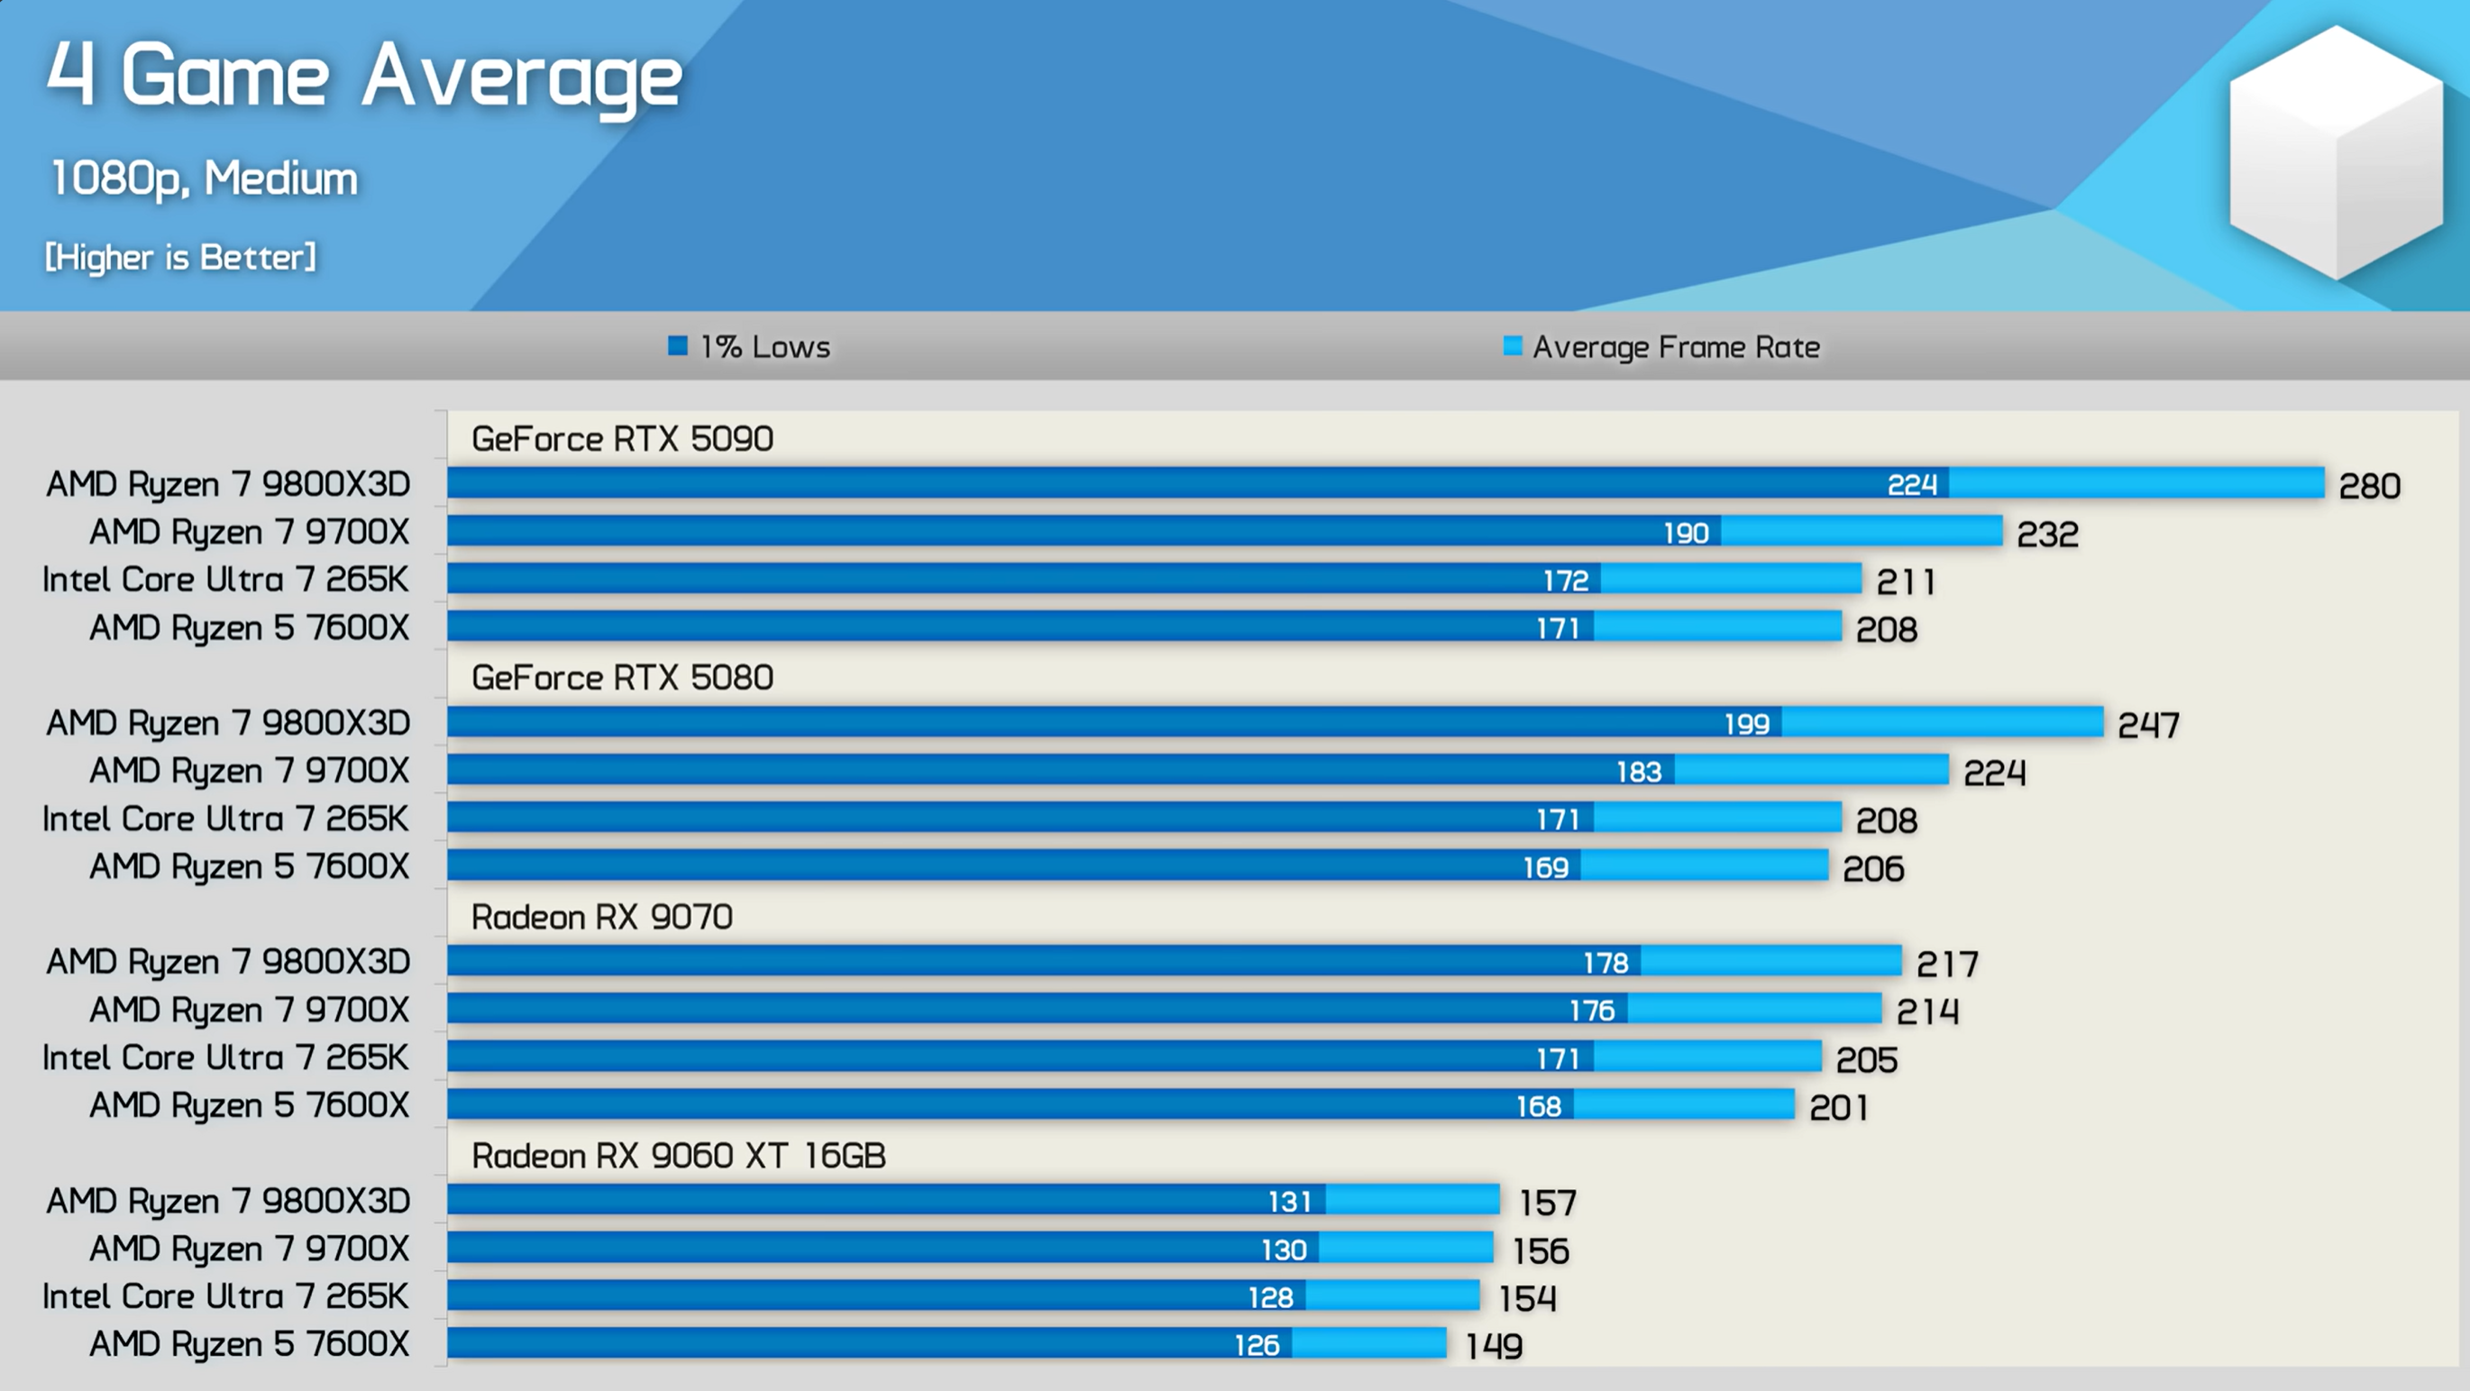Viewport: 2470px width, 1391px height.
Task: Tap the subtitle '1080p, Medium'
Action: tap(203, 178)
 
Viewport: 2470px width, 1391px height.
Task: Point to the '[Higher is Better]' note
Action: tap(179, 257)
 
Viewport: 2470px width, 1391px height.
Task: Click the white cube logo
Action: tap(2336, 153)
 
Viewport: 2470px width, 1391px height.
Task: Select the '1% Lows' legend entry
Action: tap(751, 347)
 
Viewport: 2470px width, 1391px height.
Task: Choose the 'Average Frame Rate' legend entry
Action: tap(1662, 347)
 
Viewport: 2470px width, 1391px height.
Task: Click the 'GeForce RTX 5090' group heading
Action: tap(622, 439)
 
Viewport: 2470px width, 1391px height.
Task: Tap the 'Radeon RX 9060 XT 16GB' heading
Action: tap(678, 1156)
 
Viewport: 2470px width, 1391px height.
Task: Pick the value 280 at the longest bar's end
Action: tap(2369, 486)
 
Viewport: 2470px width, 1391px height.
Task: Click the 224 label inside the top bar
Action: tap(1911, 485)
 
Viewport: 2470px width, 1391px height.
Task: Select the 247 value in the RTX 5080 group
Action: tap(2148, 725)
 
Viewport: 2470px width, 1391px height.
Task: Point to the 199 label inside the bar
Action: tap(1746, 724)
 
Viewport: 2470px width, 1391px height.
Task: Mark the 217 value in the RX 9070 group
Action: tap(1946, 964)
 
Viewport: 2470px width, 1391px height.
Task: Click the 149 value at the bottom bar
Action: tap(1494, 1346)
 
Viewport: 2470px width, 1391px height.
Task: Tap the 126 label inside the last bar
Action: tap(1256, 1345)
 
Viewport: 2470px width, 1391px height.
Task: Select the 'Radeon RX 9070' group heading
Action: tap(601, 918)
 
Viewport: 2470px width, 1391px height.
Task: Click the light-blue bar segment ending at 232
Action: tap(1861, 531)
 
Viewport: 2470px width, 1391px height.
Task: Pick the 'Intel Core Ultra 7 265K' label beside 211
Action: tap(225, 580)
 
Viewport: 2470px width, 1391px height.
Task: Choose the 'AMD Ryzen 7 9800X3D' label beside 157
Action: tap(228, 1201)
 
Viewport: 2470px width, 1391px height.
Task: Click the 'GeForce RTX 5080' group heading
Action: tap(622, 678)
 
